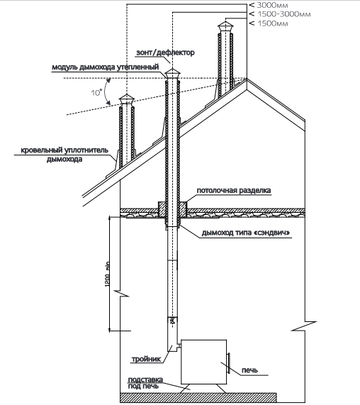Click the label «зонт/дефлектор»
[x=165, y=52]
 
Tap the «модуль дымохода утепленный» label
[x=106, y=67]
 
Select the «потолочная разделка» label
[x=234, y=191]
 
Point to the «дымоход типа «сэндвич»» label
[x=246, y=233]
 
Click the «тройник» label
[x=146, y=359]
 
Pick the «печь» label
[x=249, y=370]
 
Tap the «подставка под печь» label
[x=145, y=383]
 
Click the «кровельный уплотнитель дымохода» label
[x=64, y=155]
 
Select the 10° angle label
[x=96, y=92]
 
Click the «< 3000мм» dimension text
[x=269, y=5]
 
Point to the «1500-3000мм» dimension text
[x=283, y=14]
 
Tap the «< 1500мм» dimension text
[x=269, y=23]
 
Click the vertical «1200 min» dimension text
[x=108, y=274]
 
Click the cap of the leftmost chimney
[x=126, y=99]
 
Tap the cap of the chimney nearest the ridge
[x=225, y=27]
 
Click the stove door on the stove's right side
[x=228, y=363]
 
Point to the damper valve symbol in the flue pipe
[x=172, y=321]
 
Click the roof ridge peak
[x=247, y=79]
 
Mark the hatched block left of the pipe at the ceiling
[x=162, y=209]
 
